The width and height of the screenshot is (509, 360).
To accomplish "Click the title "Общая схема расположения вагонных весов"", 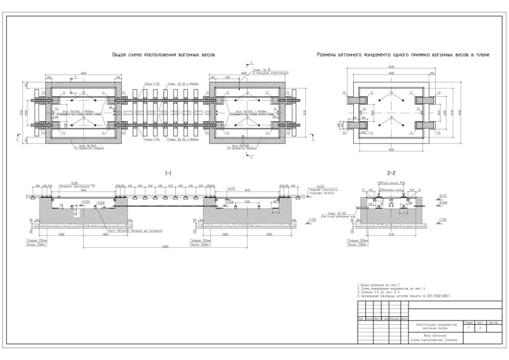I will [x=164, y=54].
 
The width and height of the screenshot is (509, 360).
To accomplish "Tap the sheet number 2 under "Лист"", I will [x=479, y=328].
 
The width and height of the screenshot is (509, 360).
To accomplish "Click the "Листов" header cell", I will [x=491, y=323].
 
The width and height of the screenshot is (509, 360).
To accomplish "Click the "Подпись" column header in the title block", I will [x=394, y=318].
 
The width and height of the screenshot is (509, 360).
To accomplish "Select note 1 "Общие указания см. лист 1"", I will [x=377, y=284].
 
